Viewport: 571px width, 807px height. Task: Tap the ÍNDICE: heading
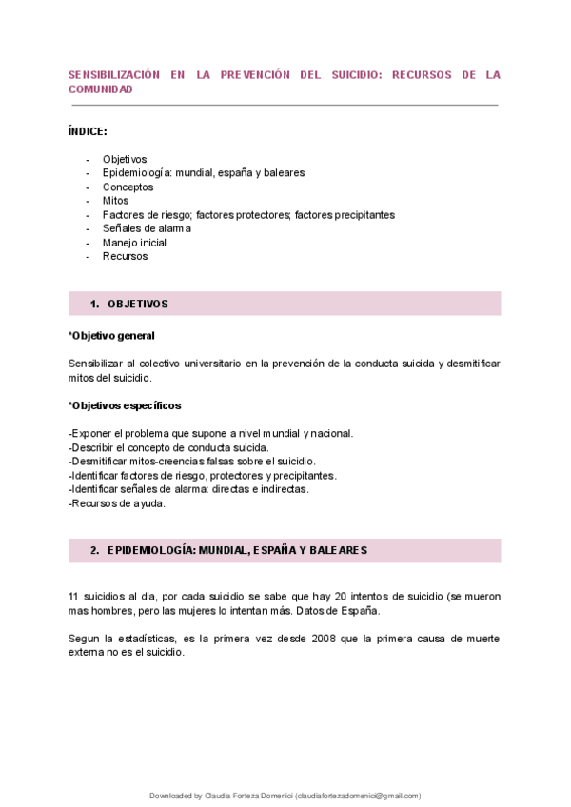coord(88,130)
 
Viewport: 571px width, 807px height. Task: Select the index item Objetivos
coord(125,159)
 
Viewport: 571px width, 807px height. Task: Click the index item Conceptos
coord(128,187)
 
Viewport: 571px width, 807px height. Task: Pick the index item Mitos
coord(115,201)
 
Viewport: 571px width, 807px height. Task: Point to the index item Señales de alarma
coord(147,228)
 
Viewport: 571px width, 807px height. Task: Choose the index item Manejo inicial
coord(141,243)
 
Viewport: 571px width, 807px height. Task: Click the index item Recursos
coord(125,256)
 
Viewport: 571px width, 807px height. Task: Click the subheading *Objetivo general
coord(111,336)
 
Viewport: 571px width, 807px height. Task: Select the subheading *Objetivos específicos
coord(125,405)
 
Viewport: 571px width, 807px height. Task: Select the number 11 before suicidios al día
coord(74,596)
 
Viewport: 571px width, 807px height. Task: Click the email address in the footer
coord(358,796)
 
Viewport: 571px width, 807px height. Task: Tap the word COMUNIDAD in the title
coord(101,89)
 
